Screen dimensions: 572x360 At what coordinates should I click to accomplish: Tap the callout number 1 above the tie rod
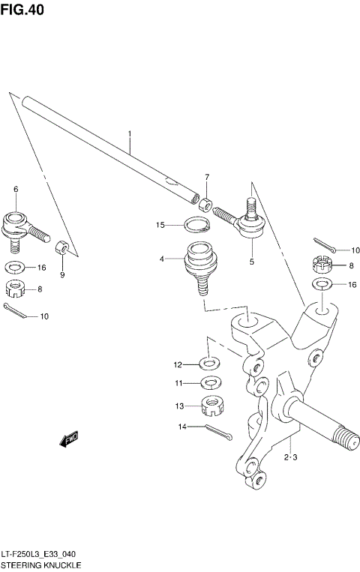(129, 136)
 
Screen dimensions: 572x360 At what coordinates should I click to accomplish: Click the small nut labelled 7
(205, 202)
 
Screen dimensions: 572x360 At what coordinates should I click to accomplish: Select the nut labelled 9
(62, 247)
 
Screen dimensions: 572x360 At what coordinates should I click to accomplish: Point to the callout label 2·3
(291, 457)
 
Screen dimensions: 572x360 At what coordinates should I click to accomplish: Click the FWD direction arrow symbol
(70, 439)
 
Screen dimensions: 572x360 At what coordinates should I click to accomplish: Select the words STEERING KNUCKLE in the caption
(40, 563)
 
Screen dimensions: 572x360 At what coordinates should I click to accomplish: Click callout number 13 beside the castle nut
(178, 406)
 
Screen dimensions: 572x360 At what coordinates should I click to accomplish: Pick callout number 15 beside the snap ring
(160, 225)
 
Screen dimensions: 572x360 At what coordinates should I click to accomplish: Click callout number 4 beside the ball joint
(161, 259)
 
